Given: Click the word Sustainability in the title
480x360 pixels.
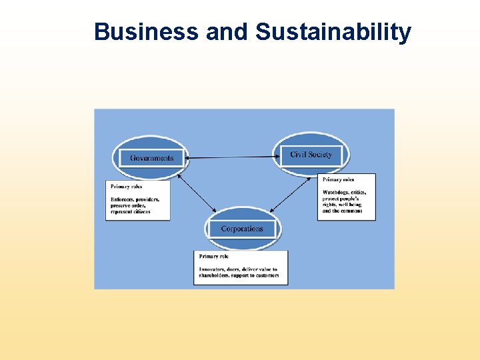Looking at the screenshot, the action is coord(333,31).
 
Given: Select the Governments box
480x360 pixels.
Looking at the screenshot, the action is coord(151,158).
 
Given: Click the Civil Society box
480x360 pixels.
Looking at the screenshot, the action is coord(310,155).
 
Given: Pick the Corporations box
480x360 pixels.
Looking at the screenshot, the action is coord(242,229).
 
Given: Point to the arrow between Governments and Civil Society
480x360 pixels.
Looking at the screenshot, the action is coord(230,157).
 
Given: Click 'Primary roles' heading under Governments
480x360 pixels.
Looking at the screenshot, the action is coord(126,187).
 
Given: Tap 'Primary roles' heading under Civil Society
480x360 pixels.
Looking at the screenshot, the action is coord(338,179).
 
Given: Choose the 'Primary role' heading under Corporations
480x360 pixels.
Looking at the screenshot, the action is coord(213,256).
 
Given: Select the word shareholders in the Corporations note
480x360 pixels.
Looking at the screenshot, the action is coord(213,275).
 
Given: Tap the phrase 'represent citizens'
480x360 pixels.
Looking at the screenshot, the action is coord(131,212).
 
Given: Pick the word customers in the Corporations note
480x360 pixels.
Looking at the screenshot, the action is coord(266,275).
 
